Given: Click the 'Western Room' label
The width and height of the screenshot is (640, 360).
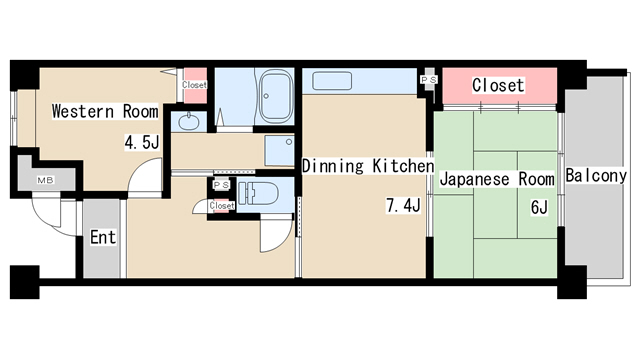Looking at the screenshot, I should pyautogui.click(x=105, y=111).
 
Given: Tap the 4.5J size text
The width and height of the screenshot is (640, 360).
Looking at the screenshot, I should pyautogui.click(x=141, y=143).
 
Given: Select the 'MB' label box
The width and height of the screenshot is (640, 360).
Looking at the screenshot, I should pyautogui.click(x=45, y=181).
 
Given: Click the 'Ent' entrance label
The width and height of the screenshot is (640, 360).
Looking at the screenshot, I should pyautogui.click(x=102, y=237).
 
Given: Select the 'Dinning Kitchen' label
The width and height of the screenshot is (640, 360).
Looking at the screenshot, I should pyautogui.click(x=367, y=165).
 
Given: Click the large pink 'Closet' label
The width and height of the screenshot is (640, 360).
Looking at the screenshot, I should pyautogui.click(x=497, y=85).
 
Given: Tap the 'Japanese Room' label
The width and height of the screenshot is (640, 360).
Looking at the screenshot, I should pyautogui.click(x=497, y=180).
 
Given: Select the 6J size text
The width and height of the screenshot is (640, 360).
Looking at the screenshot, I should pyautogui.click(x=541, y=208).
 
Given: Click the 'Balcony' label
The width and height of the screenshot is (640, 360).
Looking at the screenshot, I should pyautogui.click(x=596, y=177).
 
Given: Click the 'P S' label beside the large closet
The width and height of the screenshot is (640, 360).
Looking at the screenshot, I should pyautogui.click(x=428, y=79).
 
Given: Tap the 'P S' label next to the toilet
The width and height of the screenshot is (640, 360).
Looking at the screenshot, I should pyautogui.click(x=221, y=186).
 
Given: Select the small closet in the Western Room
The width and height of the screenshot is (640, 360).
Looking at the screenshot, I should pyautogui.click(x=195, y=85).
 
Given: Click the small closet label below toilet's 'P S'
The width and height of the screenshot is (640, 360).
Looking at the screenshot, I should pyautogui.click(x=222, y=205).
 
